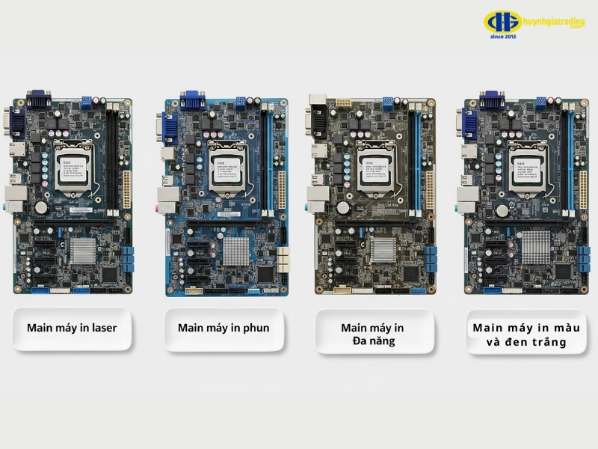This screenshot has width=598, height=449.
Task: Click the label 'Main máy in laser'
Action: pos(72,328)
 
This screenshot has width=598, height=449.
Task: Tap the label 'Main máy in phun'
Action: pos(224,328)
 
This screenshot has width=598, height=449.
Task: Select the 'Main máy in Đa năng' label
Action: pos(372,335)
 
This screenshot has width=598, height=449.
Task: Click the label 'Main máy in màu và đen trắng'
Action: pos(526,335)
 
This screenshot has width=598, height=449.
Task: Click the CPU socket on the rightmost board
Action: pos(528,167)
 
